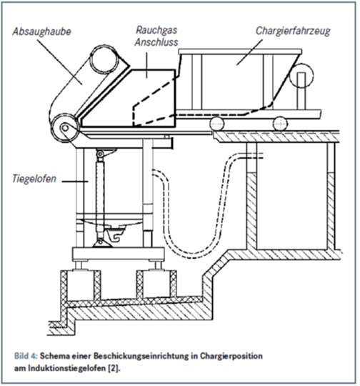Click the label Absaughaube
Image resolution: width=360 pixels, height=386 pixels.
(x=42, y=31)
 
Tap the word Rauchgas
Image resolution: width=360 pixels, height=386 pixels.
(x=156, y=30)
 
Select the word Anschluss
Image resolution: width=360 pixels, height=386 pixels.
(x=156, y=42)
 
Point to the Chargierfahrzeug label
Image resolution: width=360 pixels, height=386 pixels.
(x=293, y=31)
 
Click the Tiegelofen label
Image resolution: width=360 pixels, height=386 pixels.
(x=34, y=179)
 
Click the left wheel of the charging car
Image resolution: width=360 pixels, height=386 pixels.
(x=217, y=124)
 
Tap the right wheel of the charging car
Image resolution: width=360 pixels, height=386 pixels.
(x=280, y=124)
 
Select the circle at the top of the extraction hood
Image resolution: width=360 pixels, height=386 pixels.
(x=104, y=59)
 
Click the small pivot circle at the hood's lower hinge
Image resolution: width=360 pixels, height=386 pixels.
(x=65, y=128)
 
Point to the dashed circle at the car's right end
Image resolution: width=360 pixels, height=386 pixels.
(x=301, y=76)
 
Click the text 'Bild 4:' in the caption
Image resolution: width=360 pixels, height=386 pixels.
(x=26, y=356)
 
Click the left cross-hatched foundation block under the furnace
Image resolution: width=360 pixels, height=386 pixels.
(x=81, y=285)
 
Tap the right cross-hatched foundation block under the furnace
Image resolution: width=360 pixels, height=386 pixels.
(x=156, y=284)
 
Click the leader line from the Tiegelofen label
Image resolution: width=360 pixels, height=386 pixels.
(x=75, y=182)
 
